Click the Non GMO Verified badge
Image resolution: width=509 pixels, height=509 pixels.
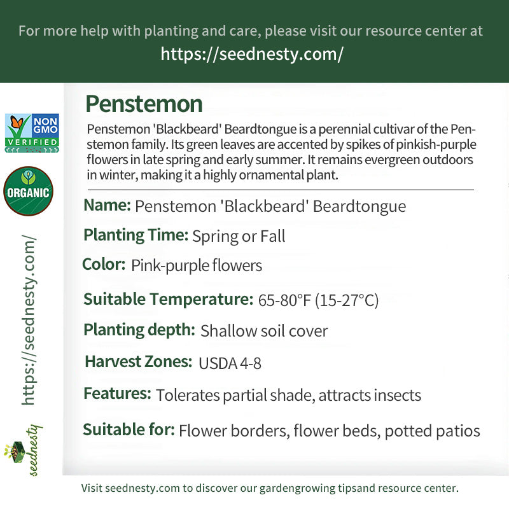tap(32, 133)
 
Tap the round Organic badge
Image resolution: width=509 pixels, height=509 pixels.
tap(28, 192)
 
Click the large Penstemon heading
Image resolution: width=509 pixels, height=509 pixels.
tap(144, 104)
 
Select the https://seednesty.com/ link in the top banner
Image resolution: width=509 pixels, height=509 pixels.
tap(251, 54)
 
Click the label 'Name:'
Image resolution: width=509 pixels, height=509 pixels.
tap(107, 206)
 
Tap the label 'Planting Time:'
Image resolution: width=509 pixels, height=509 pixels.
tap(136, 235)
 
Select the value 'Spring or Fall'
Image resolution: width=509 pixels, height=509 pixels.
tap(239, 237)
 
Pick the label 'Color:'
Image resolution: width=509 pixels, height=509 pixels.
tap(104, 264)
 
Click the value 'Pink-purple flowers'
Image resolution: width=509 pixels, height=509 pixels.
tap(197, 265)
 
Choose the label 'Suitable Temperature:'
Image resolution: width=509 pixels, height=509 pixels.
tap(168, 299)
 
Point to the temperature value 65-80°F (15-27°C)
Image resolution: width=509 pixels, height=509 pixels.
tap(318, 300)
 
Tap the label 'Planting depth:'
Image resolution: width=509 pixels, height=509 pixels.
tap(139, 330)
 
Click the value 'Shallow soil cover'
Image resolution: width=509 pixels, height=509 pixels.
tap(264, 331)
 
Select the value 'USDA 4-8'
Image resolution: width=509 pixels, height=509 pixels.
tap(230, 363)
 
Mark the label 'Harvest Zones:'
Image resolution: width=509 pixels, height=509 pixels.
tap(139, 362)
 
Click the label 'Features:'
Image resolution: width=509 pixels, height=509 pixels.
tap(117, 394)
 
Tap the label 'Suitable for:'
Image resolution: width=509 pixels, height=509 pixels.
tap(129, 429)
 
